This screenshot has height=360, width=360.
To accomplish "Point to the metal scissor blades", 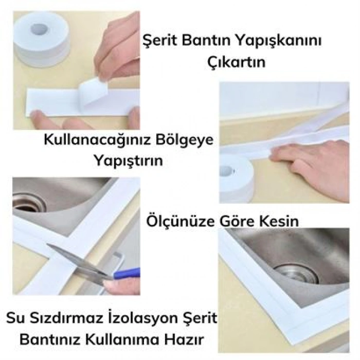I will [x=77, y=259].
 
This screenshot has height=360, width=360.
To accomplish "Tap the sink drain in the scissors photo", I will [x=29, y=202].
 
